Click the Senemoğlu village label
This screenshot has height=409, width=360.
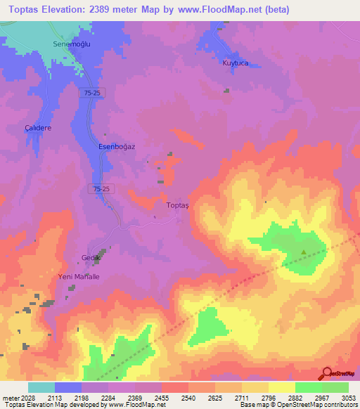(x=69, y=44)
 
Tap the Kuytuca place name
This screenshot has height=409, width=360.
(x=236, y=63)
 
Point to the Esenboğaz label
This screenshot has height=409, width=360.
(x=117, y=147)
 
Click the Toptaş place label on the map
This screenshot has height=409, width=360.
(x=178, y=205)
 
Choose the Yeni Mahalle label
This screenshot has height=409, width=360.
(x=78, y=277)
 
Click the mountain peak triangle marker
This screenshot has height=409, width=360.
(x=304, y=252)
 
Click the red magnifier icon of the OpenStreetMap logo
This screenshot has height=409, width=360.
(x=326, y=372)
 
